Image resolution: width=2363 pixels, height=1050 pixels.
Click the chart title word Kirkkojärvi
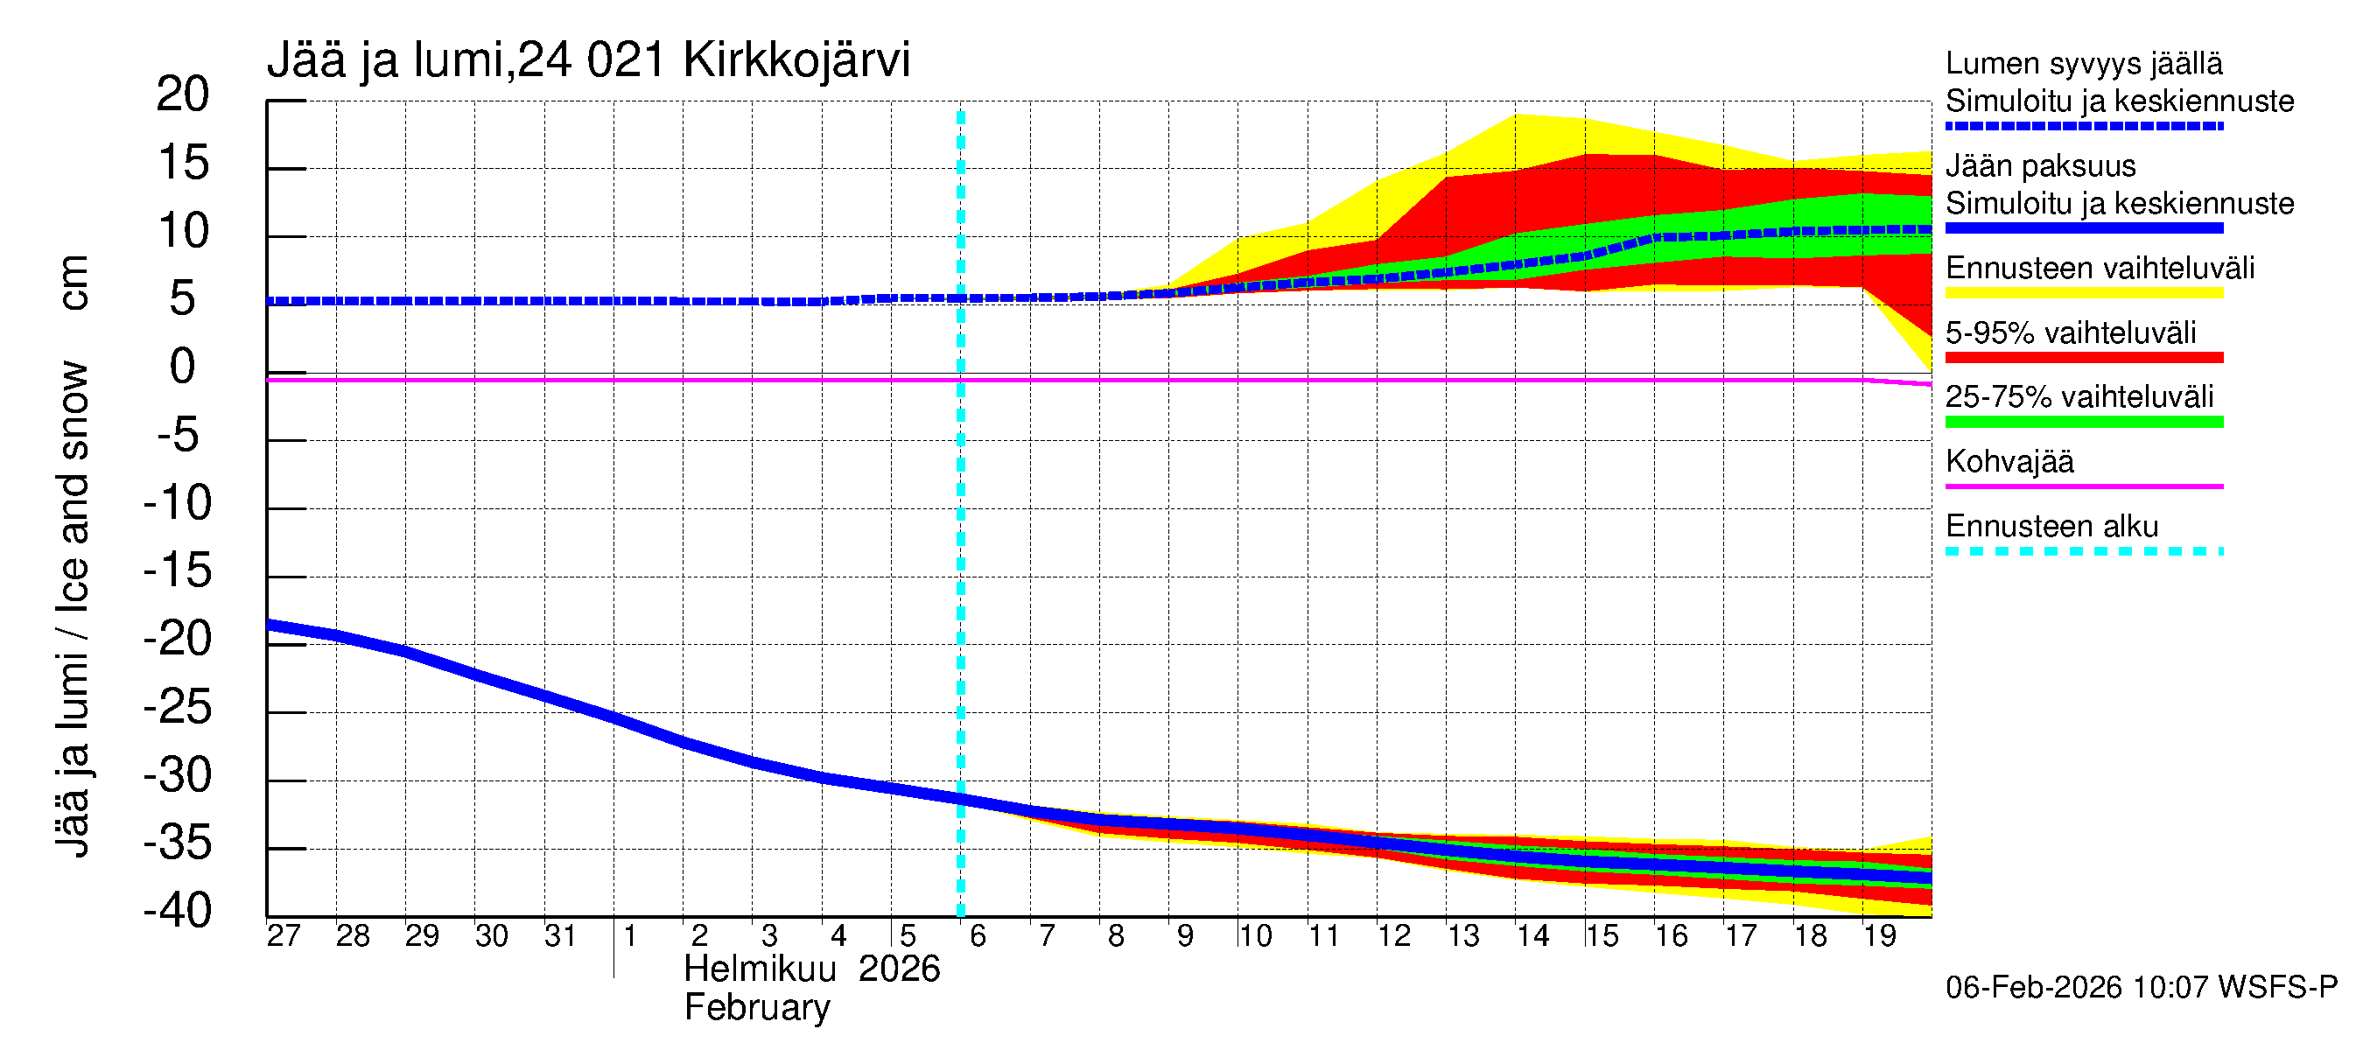(796, 60)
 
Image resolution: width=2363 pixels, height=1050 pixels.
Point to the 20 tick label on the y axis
(183, 94)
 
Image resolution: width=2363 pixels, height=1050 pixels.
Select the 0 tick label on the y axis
(183, 367)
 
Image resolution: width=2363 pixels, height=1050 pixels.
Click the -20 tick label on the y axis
(178, 639)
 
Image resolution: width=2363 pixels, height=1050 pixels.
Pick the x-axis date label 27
(284, 935)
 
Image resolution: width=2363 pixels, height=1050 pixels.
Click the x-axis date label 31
(560, 935)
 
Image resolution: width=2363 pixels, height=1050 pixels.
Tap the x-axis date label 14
(1532, 935)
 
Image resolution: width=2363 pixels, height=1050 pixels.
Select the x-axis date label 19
(1879, 935)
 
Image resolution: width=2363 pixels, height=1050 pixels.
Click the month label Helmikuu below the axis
(760, 969)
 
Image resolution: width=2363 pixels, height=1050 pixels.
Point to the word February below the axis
(757, 1008)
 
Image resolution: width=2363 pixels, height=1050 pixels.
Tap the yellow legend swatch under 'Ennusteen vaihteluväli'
(2083, 293)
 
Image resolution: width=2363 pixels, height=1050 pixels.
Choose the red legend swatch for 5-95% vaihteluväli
(2083, 358)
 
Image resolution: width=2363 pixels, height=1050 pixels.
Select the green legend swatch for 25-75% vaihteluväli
(2083, 422)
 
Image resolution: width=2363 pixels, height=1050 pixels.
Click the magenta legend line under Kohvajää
(2083, 486)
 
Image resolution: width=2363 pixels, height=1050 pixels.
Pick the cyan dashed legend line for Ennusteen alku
(2083, 551)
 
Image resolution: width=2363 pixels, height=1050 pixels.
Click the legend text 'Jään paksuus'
(2040, 166)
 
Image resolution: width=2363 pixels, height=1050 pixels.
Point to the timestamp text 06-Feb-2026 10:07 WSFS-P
(2141, 988)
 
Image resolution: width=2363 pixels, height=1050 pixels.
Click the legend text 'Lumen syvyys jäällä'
(2083, 64)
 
